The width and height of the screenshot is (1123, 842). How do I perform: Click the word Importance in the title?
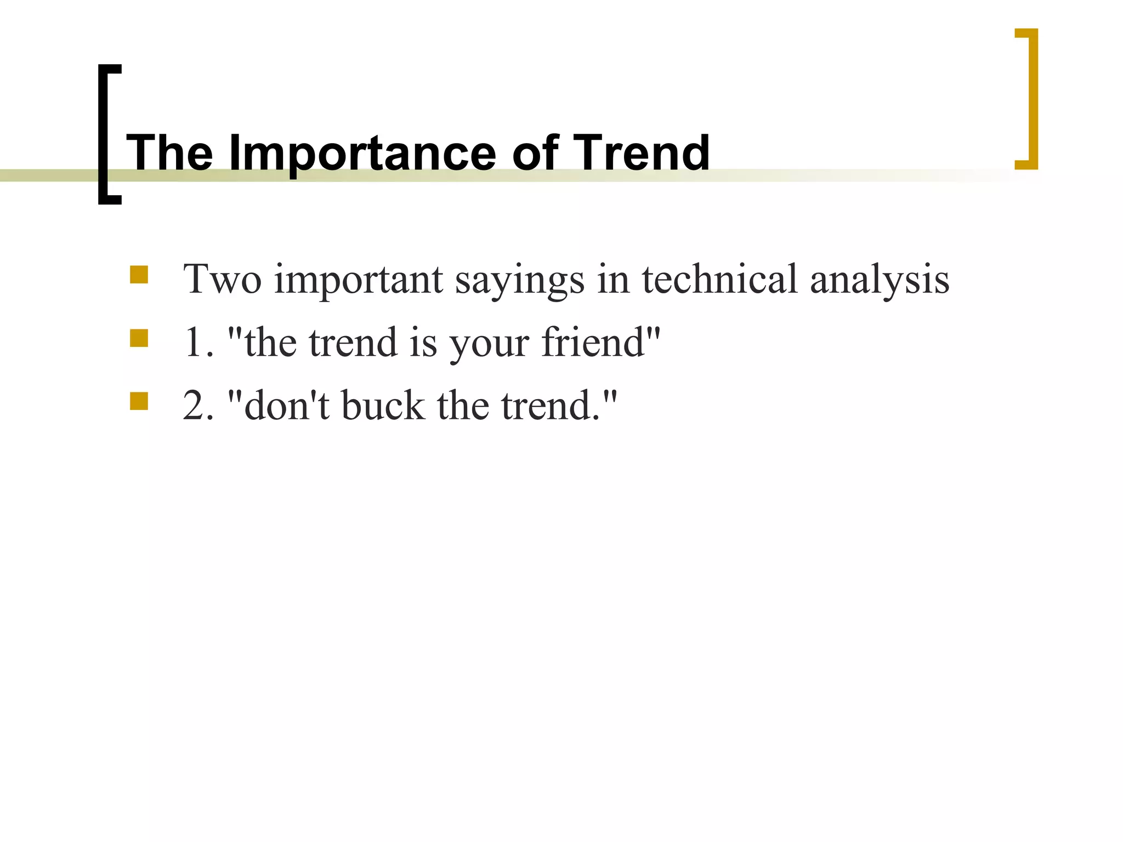tap(362, 153)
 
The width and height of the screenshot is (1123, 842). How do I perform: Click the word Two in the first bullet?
tap(222, 280)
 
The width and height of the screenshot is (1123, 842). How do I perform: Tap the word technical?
tap(719, 280)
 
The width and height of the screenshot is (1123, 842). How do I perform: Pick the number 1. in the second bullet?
tap(198, 343)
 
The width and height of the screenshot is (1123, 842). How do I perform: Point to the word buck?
tap(383, 406)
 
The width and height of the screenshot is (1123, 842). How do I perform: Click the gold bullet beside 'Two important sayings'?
tap(139, 275)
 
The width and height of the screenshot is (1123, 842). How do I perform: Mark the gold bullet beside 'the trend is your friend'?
tap(139, 338)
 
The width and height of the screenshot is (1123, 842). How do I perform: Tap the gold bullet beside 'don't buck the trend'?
tap(139, 401)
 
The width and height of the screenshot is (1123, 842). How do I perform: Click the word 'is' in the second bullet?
tap(423, 343)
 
